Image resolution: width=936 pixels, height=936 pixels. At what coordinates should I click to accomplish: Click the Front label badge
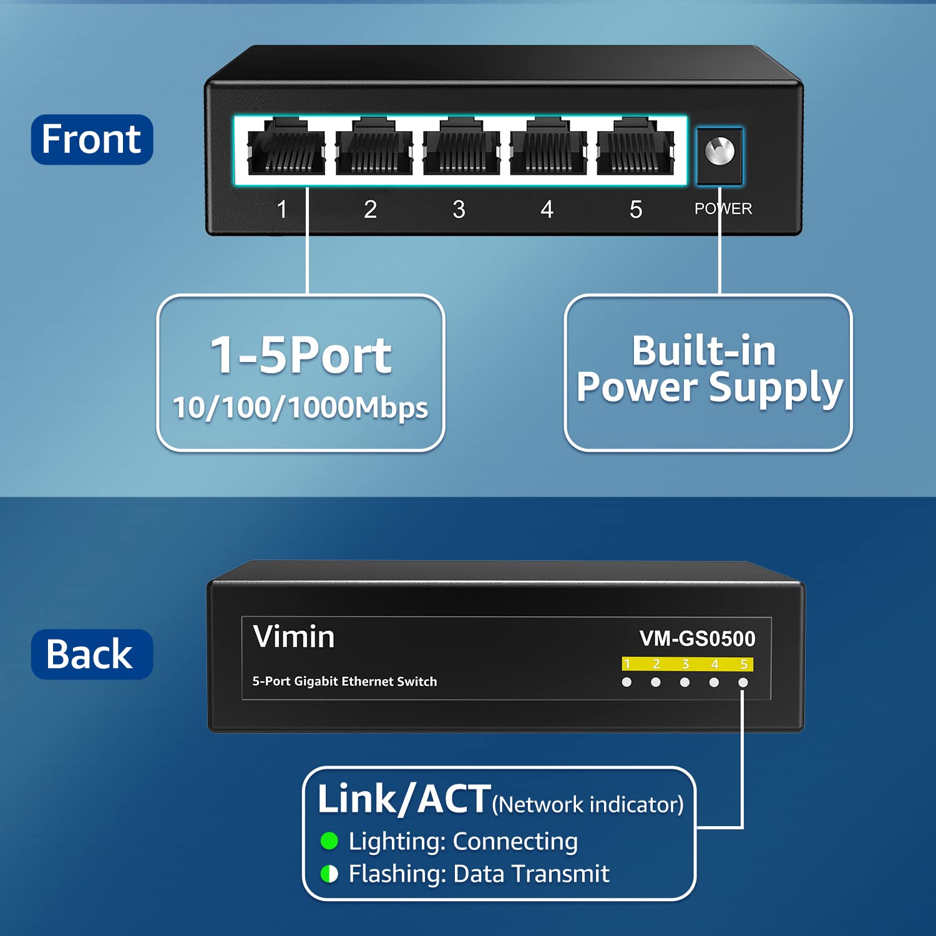pos(92,139)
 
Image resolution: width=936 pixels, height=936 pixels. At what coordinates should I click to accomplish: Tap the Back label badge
pos(92,654)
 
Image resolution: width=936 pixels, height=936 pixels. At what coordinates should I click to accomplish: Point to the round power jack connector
pos(719,152)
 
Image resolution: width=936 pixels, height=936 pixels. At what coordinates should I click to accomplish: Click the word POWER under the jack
pos(723,208)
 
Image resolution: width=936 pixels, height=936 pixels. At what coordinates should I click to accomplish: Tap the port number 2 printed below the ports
pos(370,210)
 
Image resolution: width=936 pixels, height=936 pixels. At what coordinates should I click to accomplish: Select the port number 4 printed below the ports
pos(547,210)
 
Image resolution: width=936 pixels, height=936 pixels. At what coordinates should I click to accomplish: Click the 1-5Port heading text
pos(301,355)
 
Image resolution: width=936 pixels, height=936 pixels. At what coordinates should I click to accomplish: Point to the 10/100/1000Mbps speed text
pos(301,408)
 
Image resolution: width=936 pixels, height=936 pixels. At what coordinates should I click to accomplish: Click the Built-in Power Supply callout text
pos(708,369)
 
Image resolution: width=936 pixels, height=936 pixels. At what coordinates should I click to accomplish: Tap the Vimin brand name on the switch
pos(294,637)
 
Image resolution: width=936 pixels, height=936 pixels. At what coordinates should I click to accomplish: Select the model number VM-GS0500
pos(697,638)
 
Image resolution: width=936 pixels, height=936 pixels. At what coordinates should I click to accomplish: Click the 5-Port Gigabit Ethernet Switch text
pos(344,681)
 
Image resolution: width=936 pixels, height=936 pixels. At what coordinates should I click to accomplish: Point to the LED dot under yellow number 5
pos(743,683)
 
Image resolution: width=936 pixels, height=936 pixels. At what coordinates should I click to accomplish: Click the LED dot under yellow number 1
pos(626,683)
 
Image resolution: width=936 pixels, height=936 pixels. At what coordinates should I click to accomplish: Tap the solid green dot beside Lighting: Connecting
pos(329,841)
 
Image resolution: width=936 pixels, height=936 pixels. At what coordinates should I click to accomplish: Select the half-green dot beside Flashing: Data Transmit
pos(329,874)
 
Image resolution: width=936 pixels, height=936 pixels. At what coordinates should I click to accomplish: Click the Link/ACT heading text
pos(404,799)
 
